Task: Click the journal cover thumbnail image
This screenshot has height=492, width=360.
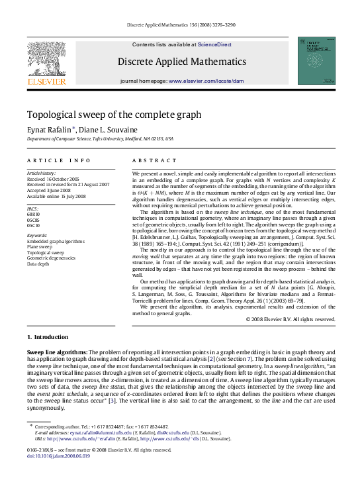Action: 316,60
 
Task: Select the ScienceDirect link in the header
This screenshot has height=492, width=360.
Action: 214,44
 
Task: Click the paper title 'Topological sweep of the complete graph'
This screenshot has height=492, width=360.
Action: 114,115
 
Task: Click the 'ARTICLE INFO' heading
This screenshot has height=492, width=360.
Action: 59,161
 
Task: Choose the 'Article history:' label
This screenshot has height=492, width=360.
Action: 41,173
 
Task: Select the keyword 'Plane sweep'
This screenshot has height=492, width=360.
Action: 42,247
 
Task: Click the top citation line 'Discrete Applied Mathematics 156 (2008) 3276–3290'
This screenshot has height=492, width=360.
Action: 180,26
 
